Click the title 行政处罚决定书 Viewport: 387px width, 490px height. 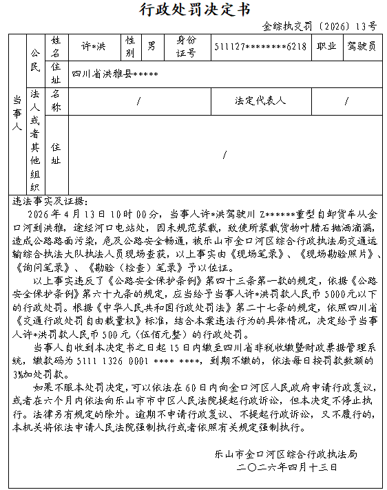[194, 9]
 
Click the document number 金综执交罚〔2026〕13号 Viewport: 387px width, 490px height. [320, 26]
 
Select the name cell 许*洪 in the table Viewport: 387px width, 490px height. [94, 47]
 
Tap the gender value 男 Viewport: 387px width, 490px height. [151, 47]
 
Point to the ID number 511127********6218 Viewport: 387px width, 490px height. [260, 47]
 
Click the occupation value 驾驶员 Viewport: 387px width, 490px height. [361, 47]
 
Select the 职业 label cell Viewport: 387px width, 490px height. [326, 47]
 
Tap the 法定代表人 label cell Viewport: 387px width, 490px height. [260, 100]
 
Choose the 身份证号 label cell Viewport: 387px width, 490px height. [187, 47]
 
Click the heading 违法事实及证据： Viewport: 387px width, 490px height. [50, 202]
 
